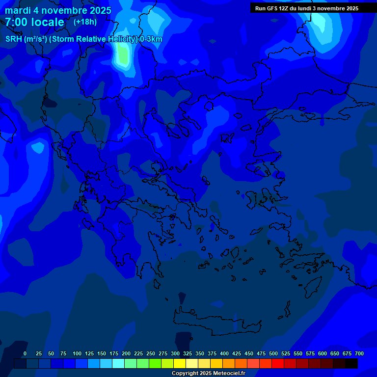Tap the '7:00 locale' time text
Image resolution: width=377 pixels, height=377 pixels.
(x=34, y=22)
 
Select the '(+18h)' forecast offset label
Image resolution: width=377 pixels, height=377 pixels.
(x=85, y=22)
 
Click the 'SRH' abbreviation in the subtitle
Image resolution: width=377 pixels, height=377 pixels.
(x=14, y=39)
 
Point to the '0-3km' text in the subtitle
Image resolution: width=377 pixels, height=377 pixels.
(x=151, y=39)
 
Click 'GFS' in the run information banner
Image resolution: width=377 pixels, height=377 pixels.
(x=274, y=8)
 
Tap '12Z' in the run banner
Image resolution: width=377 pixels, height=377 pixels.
(x=289, y=8)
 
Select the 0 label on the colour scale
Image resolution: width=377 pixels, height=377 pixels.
(x=25, y=353)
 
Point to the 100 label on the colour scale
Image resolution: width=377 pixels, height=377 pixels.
(x=77, y=353)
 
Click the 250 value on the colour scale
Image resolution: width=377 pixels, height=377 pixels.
(x=151, y=353)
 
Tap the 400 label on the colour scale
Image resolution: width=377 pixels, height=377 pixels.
(x=224, y=353)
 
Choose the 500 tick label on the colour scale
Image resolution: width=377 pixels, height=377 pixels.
(x=273, y=353)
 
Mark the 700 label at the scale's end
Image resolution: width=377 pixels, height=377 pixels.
(x=359, y=353)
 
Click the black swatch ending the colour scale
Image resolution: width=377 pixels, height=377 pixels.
(x=351, y=363)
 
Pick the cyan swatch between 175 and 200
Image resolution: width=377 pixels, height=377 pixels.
(x=118, y=363)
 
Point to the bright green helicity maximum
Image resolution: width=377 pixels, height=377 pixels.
(x=122, y=56)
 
